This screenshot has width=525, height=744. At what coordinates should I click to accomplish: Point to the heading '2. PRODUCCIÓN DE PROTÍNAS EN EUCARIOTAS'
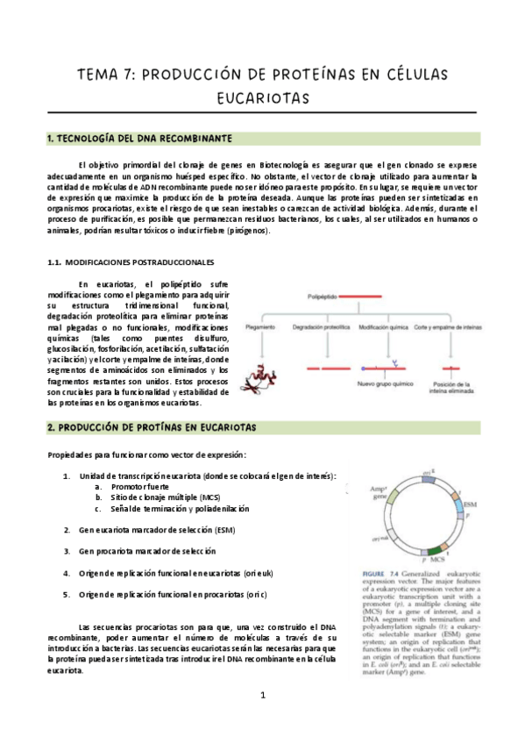(x=151, y=427)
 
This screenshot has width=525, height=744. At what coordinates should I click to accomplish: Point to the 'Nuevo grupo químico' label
(x=384, y=383)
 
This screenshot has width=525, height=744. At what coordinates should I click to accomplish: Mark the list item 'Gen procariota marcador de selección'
(x=145, y=551)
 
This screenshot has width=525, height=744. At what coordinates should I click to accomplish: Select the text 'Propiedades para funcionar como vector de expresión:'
(x=147, y=454)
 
